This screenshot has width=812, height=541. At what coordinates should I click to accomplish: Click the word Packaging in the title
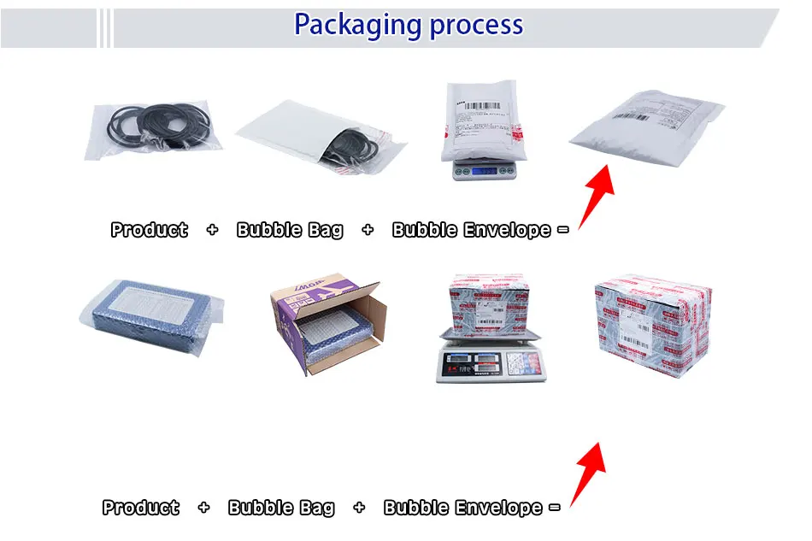coord(358,25)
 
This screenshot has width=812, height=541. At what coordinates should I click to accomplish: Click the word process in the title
coord(476,25)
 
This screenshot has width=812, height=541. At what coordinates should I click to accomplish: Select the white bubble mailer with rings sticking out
coord(316,138)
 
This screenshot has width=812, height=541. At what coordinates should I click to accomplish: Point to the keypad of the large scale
coord(516,364)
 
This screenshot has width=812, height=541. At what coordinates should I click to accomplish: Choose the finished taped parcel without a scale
coord(652,324)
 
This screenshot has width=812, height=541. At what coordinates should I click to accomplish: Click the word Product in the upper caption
coord(149,230)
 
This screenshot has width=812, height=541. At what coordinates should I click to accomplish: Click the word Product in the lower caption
coord(140,508)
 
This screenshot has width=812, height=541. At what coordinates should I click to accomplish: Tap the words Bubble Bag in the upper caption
coord(290,230)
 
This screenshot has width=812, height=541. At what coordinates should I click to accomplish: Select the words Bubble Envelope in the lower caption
coord(462,508)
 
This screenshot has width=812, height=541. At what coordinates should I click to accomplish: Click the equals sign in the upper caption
coord(562,230)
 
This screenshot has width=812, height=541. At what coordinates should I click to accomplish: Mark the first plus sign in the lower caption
coord(203,508)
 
